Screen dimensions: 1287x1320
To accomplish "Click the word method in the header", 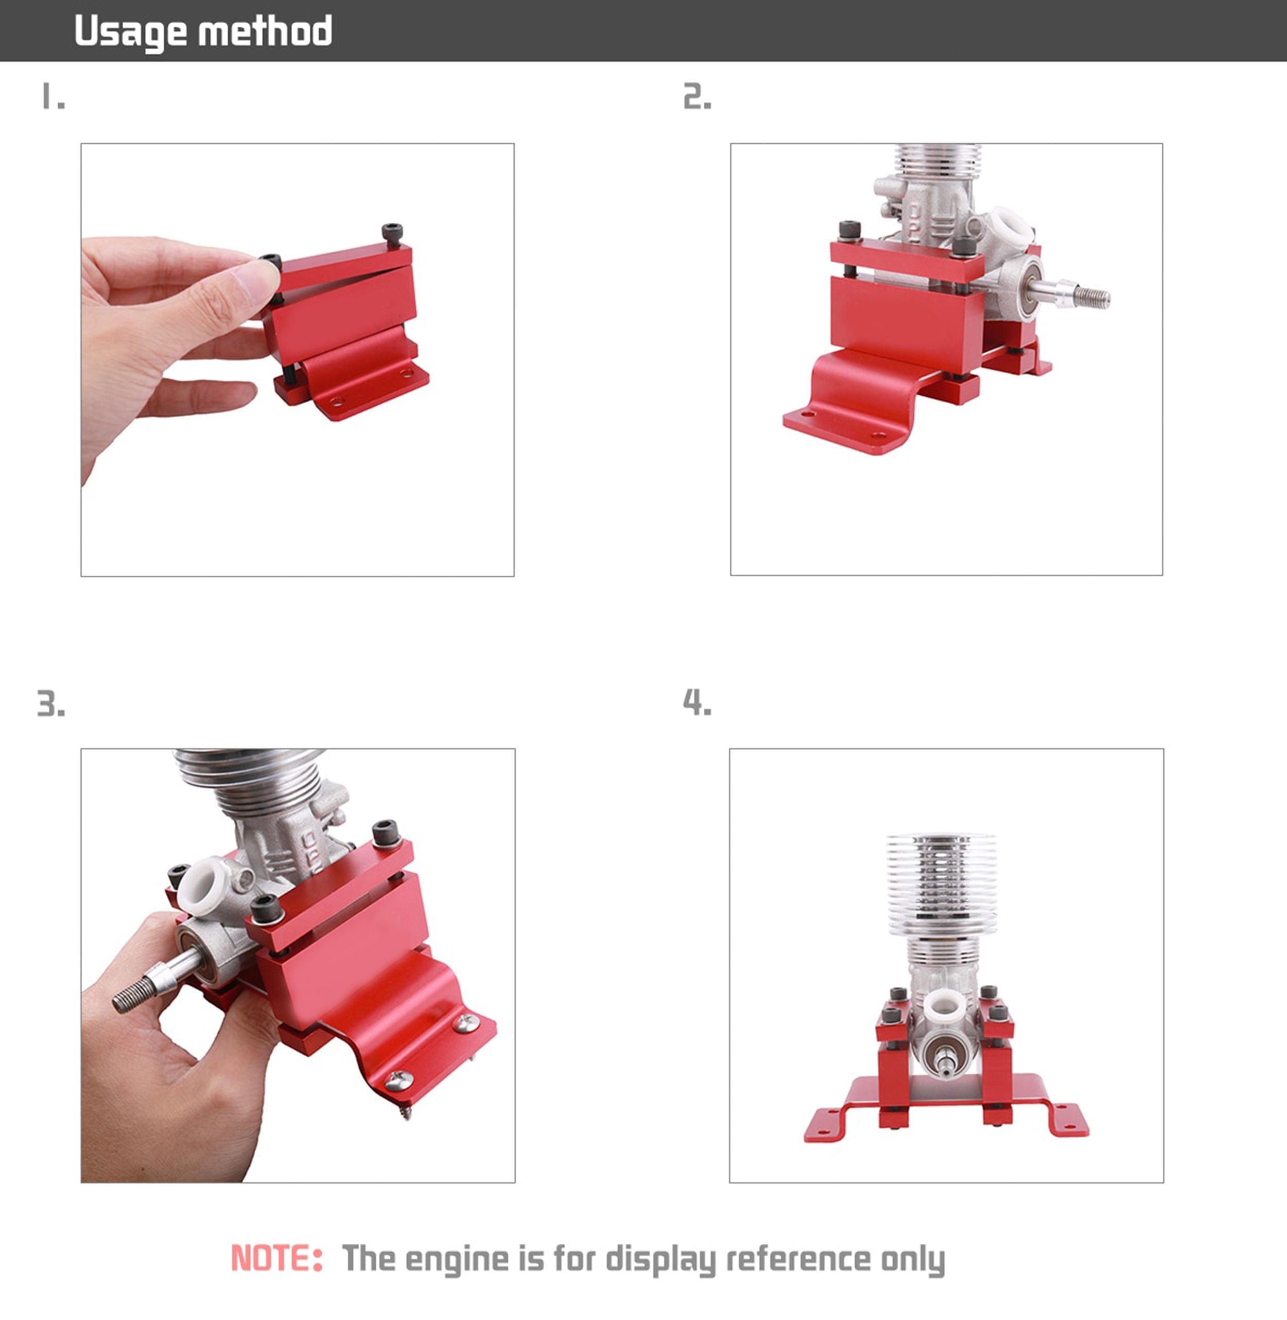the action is (265, 30).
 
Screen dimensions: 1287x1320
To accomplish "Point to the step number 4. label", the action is (697, 702).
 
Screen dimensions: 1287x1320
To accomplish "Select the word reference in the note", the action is (797, 1259).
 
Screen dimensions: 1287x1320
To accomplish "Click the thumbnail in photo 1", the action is (255, 281).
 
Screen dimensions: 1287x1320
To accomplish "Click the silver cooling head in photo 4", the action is (941, 885).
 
